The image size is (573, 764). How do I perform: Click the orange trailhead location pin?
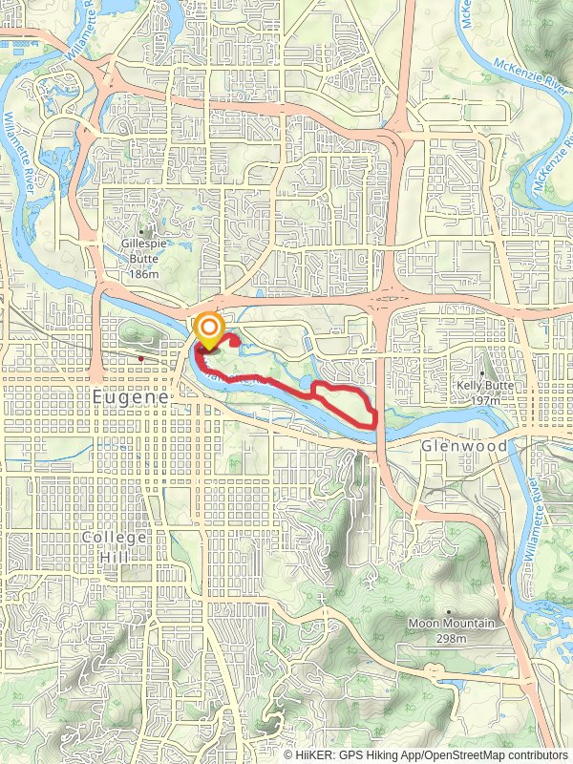pos(208,330)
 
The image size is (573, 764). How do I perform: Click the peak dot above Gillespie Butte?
pos(144,231)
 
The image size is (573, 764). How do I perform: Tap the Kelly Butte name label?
pos(486,387)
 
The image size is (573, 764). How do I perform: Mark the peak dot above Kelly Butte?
pos(482,373)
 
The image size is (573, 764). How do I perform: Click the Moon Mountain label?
pos(452,624)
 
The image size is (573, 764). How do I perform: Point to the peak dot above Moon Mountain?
pos(449,611)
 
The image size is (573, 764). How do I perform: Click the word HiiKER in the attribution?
pos(315,754)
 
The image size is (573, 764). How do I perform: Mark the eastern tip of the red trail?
pos(374,416)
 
